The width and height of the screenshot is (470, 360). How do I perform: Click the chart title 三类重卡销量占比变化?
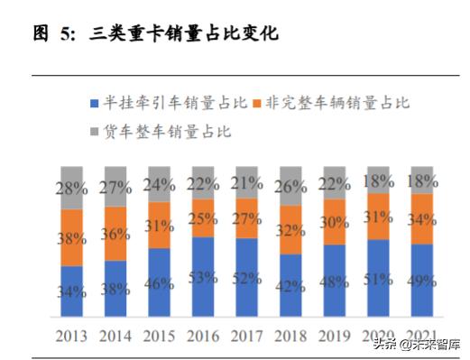(x=184, y=34)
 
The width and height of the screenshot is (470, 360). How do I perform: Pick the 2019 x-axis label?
(x=334, y=335)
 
